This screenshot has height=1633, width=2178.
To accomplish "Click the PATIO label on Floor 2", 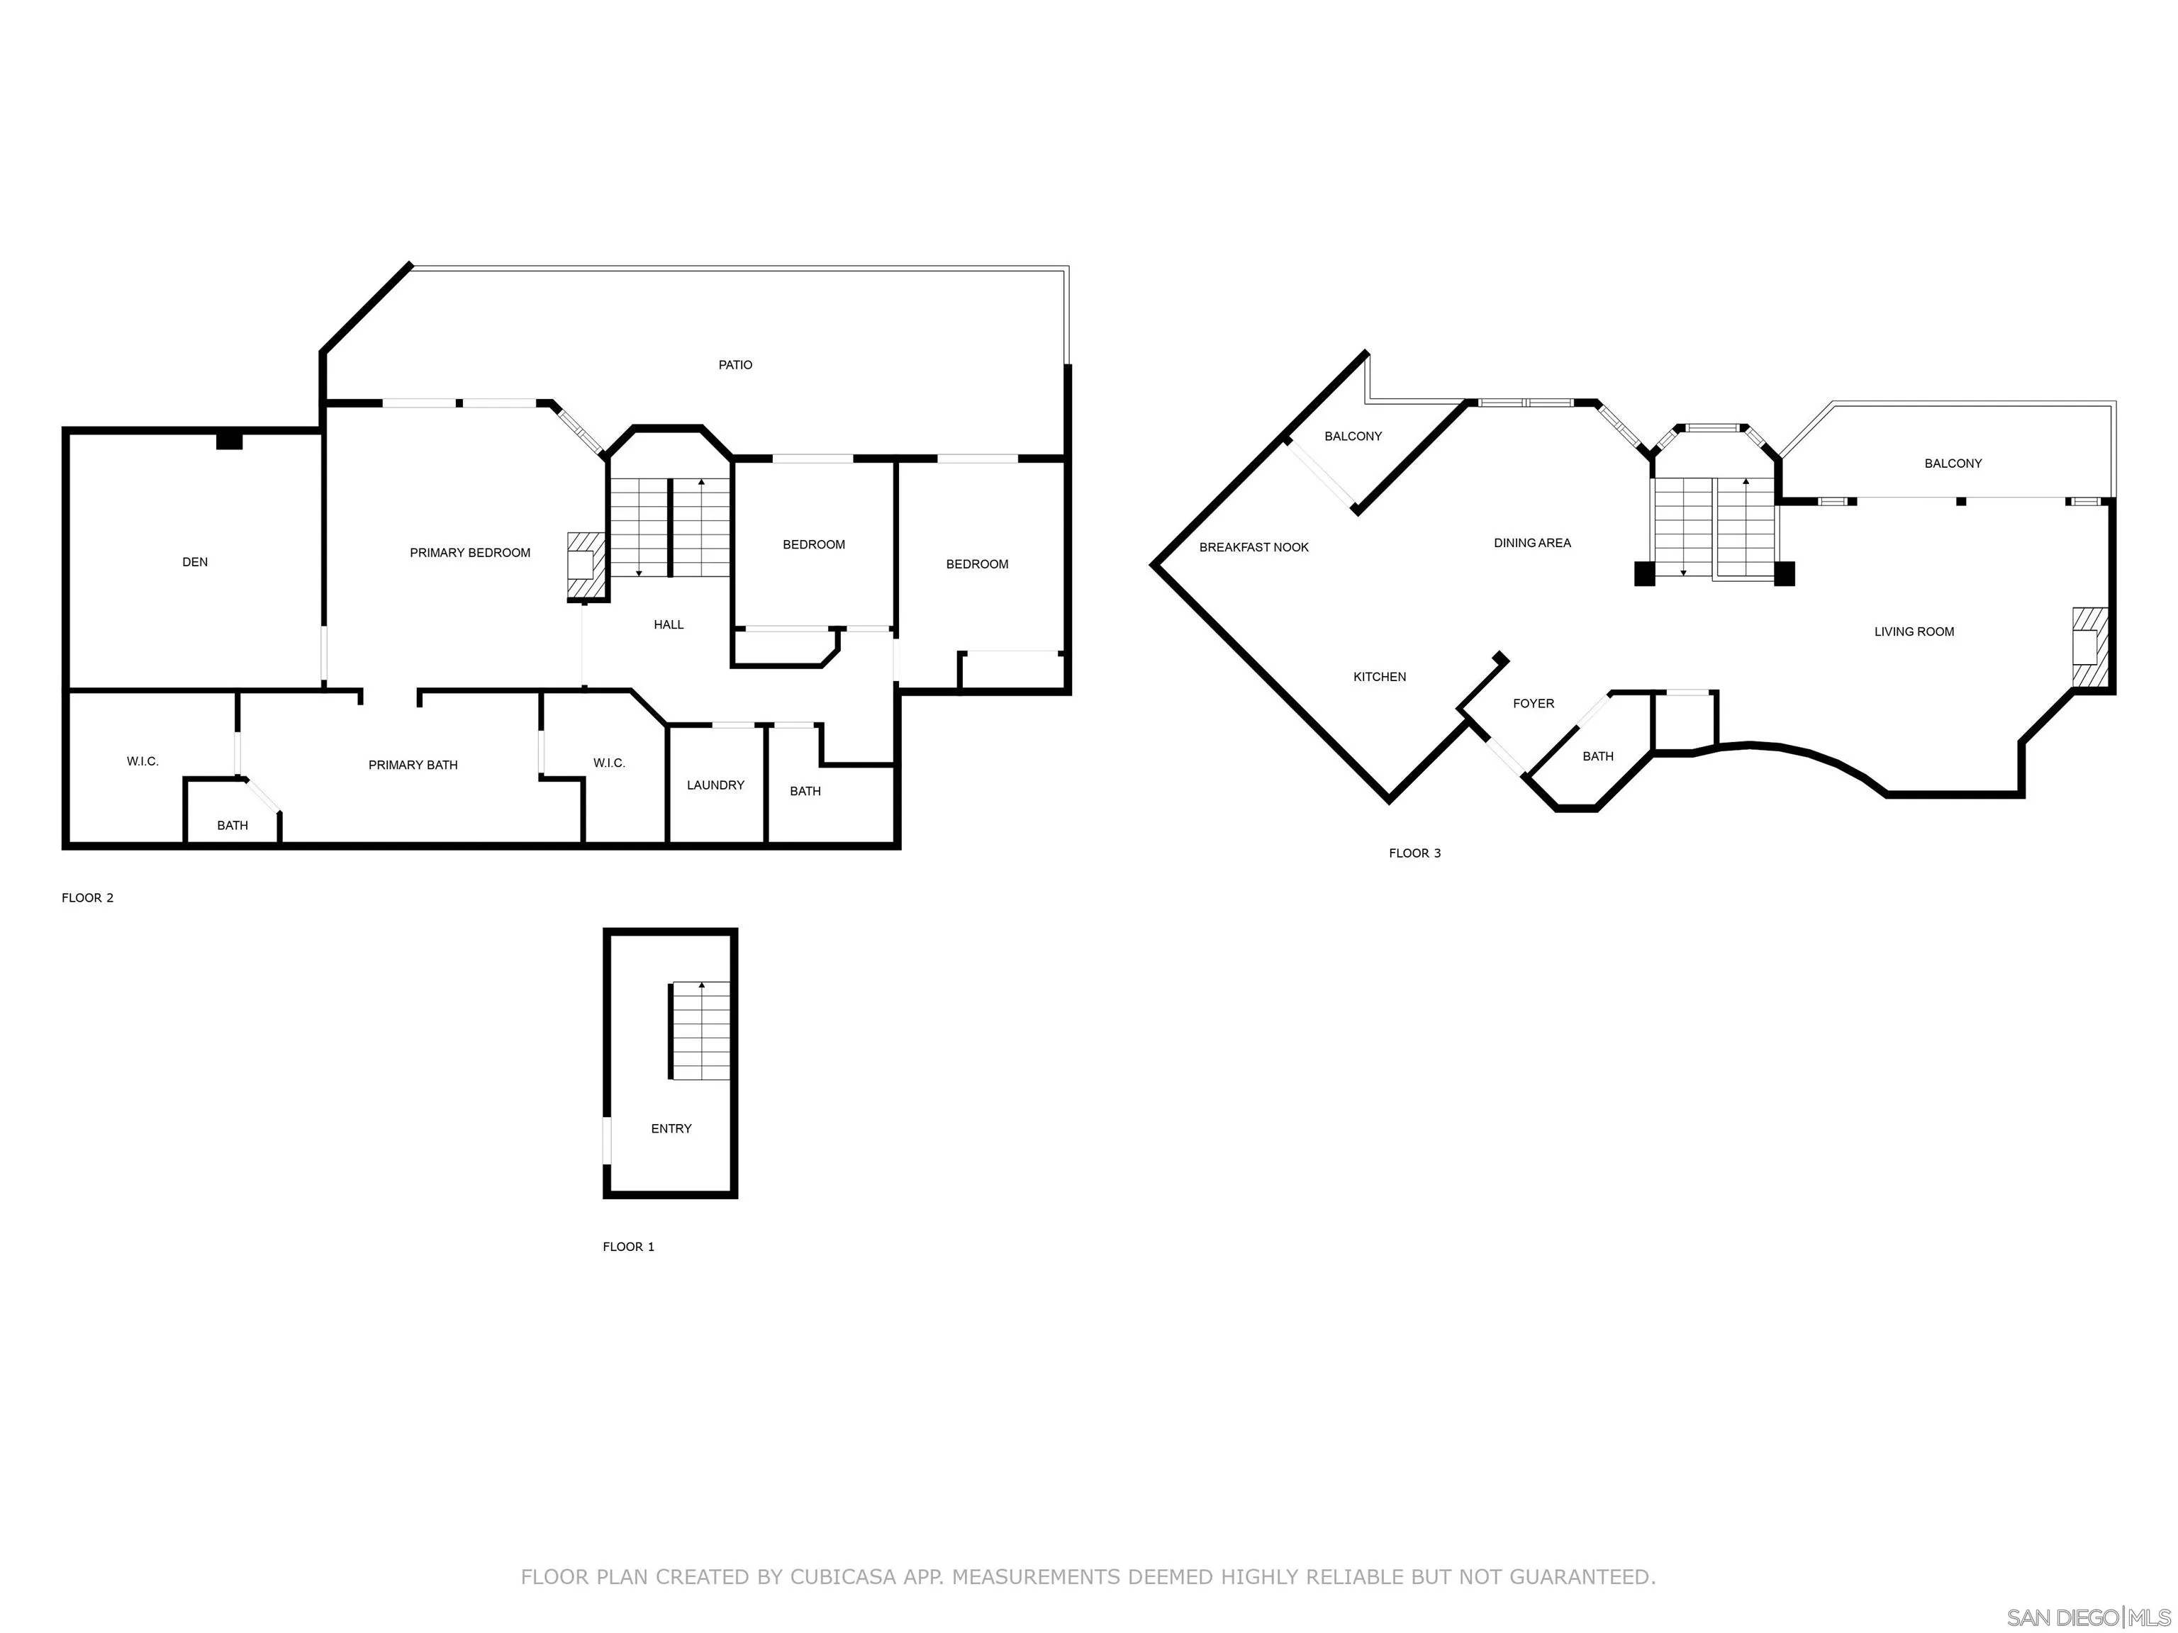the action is coord(735,365).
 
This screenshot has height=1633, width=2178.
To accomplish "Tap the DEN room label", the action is coord(195,562).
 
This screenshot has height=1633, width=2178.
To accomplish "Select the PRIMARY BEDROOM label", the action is coord(471,553).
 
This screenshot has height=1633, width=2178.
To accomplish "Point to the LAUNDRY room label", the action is coord(716,785).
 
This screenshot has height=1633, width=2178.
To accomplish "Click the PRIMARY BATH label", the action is coord(413,765).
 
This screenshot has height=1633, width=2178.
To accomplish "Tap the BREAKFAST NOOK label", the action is coord(1254,547).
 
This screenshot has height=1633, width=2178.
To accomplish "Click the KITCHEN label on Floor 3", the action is coord(1380,677).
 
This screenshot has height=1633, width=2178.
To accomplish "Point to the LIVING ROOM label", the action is coord(1914,632).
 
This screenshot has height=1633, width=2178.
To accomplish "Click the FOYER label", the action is coord(1534,704).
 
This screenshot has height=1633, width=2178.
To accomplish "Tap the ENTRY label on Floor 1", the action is coord(671,1129).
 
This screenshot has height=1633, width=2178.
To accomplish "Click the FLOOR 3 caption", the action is coord(1415,853).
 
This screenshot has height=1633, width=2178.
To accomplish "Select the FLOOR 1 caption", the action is coord(629,1247).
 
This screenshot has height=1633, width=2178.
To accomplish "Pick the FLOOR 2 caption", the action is coord(88,898).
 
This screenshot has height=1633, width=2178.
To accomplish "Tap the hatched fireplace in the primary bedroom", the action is coord(585,565).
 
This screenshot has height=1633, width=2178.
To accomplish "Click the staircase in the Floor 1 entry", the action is coord(701,1031).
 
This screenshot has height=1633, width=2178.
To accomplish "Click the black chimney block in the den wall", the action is coord(230,441).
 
